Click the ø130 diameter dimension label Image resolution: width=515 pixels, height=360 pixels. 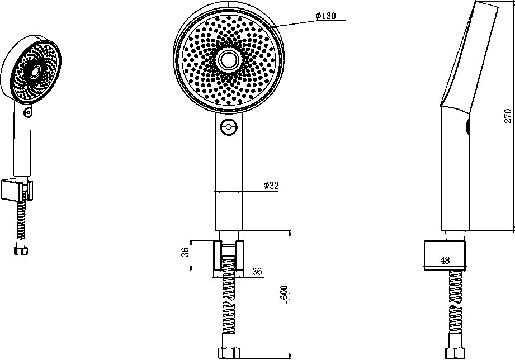pos(326,16)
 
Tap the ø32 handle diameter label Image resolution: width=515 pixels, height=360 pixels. pos(271,185)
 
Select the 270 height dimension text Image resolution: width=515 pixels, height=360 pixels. pos(507,116)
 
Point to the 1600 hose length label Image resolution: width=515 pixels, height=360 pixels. pos(284,295)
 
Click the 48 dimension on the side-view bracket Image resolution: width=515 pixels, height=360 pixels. pos(445,260)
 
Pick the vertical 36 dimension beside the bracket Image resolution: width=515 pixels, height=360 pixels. pos(185,252)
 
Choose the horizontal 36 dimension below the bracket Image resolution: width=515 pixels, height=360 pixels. pos(257,271)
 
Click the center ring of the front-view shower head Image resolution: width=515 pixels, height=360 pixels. pos(228,60)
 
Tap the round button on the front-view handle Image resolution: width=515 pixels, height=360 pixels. pos(229,127)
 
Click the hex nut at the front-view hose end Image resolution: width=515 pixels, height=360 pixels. pos(229,353)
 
